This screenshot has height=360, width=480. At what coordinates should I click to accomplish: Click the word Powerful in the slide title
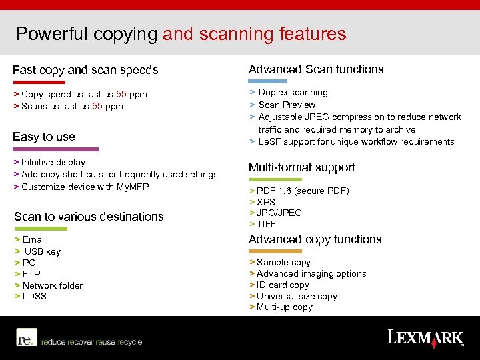(x=50, y=33)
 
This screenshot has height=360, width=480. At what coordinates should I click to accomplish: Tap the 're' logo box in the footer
(x=26, y=339)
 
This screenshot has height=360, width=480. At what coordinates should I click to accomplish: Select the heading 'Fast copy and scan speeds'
(x=85, y=70)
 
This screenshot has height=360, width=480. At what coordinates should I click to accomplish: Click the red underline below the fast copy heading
(x=39, y=83)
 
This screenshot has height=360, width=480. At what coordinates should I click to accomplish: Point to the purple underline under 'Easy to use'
(x=55, y=149)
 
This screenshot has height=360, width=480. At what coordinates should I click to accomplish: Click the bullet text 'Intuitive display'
(x=53, y=163)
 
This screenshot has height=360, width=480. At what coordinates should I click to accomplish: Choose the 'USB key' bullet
(x=42, y=251)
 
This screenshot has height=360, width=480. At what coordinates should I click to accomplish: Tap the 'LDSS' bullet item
(x=35, y=296)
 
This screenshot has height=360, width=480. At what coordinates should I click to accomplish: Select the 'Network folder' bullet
(x=52, y=285)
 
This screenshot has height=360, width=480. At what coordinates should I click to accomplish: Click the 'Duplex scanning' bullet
(x=293, y=93)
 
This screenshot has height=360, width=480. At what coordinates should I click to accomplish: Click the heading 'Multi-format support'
(x=302, y=167)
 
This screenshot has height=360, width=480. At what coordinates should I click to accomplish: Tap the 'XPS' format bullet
(x=266, y=202)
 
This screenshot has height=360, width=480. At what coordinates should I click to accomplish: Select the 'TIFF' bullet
(x=266, y=224)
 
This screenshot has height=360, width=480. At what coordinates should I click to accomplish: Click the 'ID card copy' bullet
(x=283, y=285)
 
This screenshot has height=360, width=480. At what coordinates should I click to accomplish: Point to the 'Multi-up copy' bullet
(x=285, y=307)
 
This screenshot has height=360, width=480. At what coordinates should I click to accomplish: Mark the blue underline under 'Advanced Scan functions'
(x=267, y=81)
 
